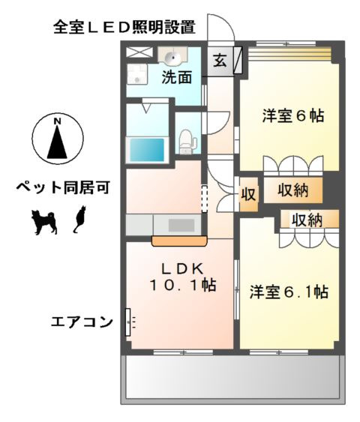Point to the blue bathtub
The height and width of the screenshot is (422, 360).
(x=147, y=148)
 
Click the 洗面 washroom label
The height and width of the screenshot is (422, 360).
(x=178, y=76)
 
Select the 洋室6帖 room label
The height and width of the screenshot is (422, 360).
(x=292, y=116)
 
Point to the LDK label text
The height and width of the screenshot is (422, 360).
(x=178, y=268)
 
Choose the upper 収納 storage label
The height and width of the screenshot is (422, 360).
(x=292, y=190)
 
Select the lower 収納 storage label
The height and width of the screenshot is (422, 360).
(x=306, y=220)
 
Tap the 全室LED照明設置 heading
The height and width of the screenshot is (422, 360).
(x=124, y=28)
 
